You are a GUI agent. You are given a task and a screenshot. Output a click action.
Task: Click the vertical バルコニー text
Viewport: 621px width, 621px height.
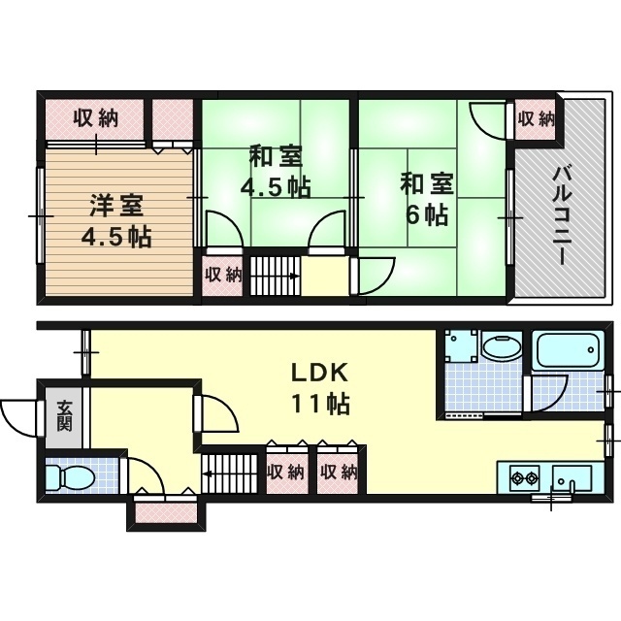tap(560, 215)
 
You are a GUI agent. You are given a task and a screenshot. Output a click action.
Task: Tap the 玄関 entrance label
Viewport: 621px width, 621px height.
tap(63, 415)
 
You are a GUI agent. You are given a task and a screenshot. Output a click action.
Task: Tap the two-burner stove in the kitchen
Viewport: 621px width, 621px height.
tap(523, 477)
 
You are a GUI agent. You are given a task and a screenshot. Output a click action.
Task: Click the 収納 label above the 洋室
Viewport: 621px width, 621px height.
tap(95, 118)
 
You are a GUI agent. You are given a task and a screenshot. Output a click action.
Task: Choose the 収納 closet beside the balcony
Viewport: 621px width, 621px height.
tap(535, 118)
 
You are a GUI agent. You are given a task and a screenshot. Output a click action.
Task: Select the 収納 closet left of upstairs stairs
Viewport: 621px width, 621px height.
tap(222, 275)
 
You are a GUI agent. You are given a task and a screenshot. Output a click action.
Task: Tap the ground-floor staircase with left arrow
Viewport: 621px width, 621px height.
tap(233, 473)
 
